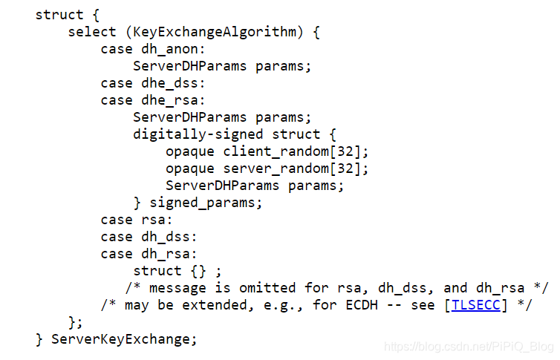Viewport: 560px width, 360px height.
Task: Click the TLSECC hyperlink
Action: click(476, 306)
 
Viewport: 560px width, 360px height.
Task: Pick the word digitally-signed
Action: click(198, 134)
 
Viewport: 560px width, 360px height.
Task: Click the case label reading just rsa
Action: click(154, 220)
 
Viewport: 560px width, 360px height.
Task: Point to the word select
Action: click(92, 32)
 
